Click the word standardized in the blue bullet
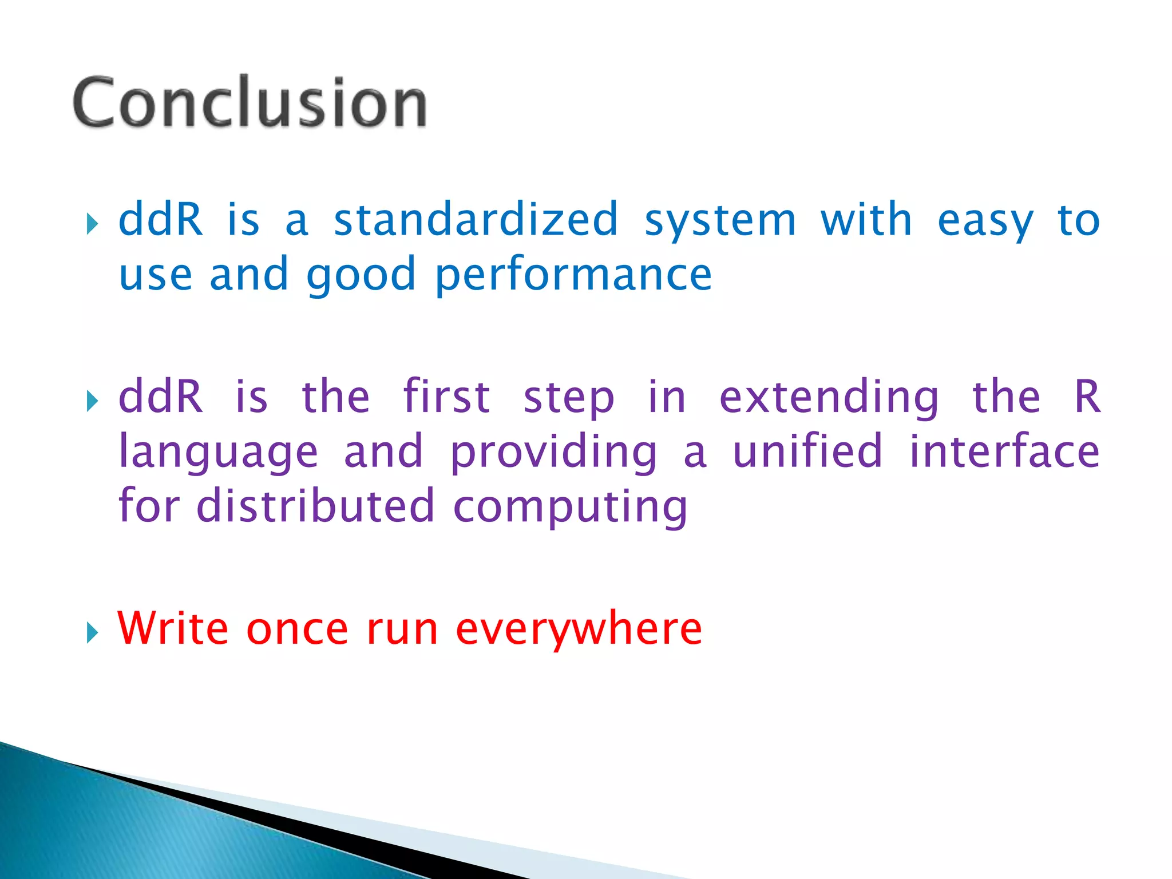(476, 220)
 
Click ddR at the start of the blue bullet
(161, 220)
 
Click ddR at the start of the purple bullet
(161, 396)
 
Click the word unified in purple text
(807, 451)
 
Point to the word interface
(1004, 451)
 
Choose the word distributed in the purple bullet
(315, 506)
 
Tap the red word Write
(173, 628)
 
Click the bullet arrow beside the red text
(92, 633)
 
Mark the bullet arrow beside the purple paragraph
(92, 401)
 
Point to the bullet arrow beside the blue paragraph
(92, 224)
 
